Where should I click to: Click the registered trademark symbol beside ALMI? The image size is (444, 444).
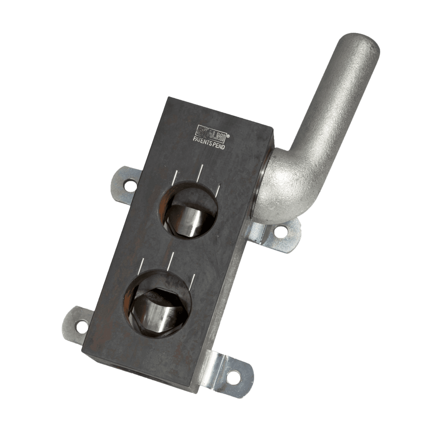click(229, 136)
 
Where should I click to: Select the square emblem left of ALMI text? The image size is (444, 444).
click(202, 129)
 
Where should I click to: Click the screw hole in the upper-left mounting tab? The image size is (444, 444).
click(129, 186)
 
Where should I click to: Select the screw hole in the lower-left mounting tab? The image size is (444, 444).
click(81, 324)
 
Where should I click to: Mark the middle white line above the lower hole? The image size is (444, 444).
click(170, 261)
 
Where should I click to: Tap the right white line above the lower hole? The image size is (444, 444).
click(193, 280)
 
